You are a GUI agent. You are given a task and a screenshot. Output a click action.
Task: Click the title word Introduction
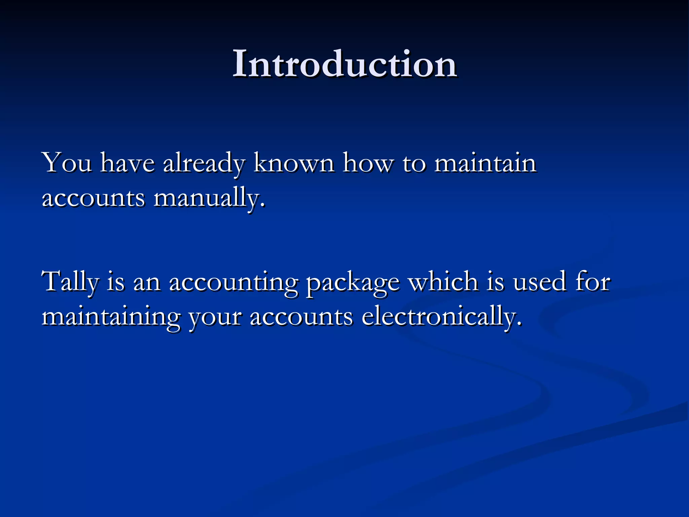[344, 64]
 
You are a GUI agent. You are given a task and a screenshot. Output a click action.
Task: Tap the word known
[294, 163]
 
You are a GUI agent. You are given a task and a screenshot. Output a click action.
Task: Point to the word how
[368, 163]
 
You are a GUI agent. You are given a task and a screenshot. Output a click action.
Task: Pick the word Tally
[70, 282]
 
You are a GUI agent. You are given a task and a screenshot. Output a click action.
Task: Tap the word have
[128, 163]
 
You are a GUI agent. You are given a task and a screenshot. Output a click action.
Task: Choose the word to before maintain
[414, 164]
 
